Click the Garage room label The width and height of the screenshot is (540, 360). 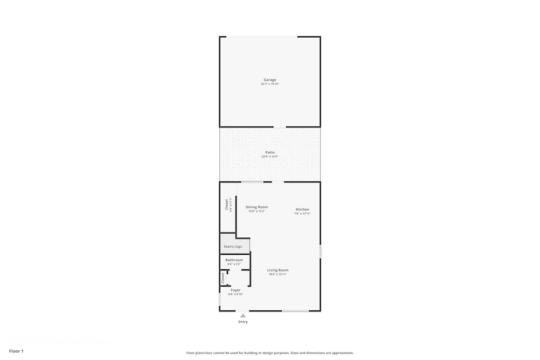tap(270, 80)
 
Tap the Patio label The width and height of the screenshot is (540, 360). tap(270, 152)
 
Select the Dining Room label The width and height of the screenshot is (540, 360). tap(256, 207)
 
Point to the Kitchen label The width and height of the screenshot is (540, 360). tap(302, 209)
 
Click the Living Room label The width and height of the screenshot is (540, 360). tap(278, 270)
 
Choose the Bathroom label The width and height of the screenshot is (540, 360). tap(234, 260)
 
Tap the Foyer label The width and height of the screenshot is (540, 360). tap(235, 290)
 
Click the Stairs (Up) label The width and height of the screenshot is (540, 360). tap(233, 247)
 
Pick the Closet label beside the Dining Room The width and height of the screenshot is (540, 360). tap(227, 205)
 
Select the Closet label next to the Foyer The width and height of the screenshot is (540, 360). tap(222, 277)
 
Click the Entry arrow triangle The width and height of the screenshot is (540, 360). tap(243, 316)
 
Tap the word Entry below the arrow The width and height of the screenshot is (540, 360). tap(243, 322)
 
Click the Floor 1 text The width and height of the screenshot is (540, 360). tap(16, 351)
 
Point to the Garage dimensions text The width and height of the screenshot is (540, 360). tap(270, 84)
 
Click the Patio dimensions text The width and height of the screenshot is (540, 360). tap(270, 157)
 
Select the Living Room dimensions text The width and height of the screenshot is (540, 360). tap(278, 274)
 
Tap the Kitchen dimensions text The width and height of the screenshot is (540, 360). tap(302, 214)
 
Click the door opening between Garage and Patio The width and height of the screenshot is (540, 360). tap(280, 127)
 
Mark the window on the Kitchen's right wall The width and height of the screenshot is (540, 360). tap(320, 252)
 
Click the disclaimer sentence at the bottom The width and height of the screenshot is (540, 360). tap(270, 352)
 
